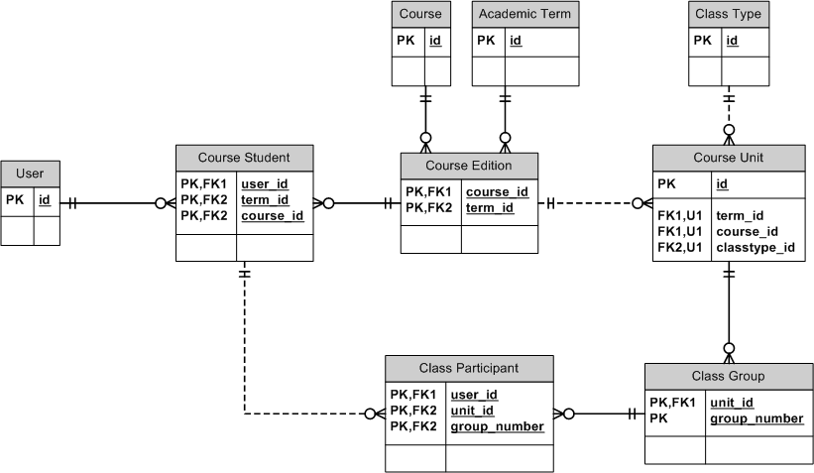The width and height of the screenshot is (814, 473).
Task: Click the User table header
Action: click(31, 174)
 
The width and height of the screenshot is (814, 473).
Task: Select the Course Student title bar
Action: click(244, 158)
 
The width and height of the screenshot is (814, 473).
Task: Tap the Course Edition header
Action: click(469, 165)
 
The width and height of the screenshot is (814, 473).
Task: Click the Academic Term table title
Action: click(523, 14)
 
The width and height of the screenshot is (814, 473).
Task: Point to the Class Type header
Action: click(729, 14)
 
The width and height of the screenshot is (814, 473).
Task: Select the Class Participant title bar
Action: click(468, 368)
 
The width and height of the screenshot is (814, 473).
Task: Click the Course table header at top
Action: click(421, 14)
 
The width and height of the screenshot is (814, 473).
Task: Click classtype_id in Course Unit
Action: click(755, 247)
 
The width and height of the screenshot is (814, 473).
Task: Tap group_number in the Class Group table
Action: click(756, 418)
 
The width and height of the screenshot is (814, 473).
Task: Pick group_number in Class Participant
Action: click(497, 426)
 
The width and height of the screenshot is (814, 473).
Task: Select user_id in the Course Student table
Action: click(265, 184)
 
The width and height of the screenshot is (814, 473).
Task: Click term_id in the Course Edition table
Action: click(490, 207)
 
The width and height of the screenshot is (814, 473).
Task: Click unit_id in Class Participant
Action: click(472, 411)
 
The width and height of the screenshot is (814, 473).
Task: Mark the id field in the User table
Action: click(45, 201)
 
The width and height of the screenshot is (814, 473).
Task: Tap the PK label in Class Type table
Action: click(702, 41)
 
